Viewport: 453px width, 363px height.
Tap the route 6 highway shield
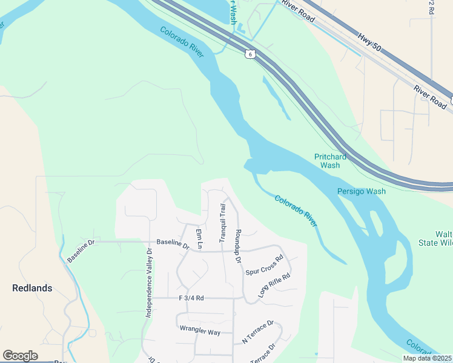click(250, 54)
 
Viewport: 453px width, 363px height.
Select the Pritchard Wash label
click(331, 161)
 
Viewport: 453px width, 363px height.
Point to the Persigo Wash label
click(362, 192)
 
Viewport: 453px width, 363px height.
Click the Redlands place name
click(32, 288)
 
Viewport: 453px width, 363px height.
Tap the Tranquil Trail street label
click(222, 223)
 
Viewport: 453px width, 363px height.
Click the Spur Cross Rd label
click(265, 266)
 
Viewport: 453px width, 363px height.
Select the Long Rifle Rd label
click(274, 285)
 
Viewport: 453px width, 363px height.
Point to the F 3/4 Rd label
click(191, 298)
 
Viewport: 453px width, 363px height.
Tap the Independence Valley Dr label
click(148, 283)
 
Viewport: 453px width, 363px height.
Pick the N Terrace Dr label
click(258, 332)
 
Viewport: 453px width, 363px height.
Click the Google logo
click(20, 356)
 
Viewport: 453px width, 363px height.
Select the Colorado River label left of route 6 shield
click(182, 42)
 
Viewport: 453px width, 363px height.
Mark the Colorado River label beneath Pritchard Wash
click(296, 211)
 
